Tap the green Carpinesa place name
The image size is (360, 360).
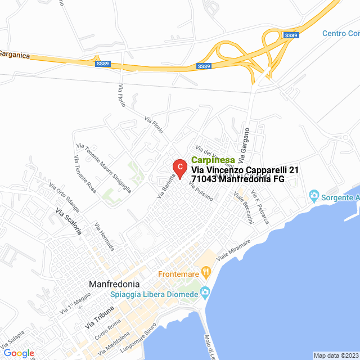(x=213, y=160)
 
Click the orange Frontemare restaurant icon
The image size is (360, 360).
(x=206, y=273)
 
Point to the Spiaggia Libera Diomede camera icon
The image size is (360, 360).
(x=205, y=292)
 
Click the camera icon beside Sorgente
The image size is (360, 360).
(x=314, y=197)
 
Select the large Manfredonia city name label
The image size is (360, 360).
(x=118, y=284)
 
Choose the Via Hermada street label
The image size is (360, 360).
(x=105, y=237)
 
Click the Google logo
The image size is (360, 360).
(x=19, y=353)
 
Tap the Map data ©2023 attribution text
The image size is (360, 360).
(x=336, y=355)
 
